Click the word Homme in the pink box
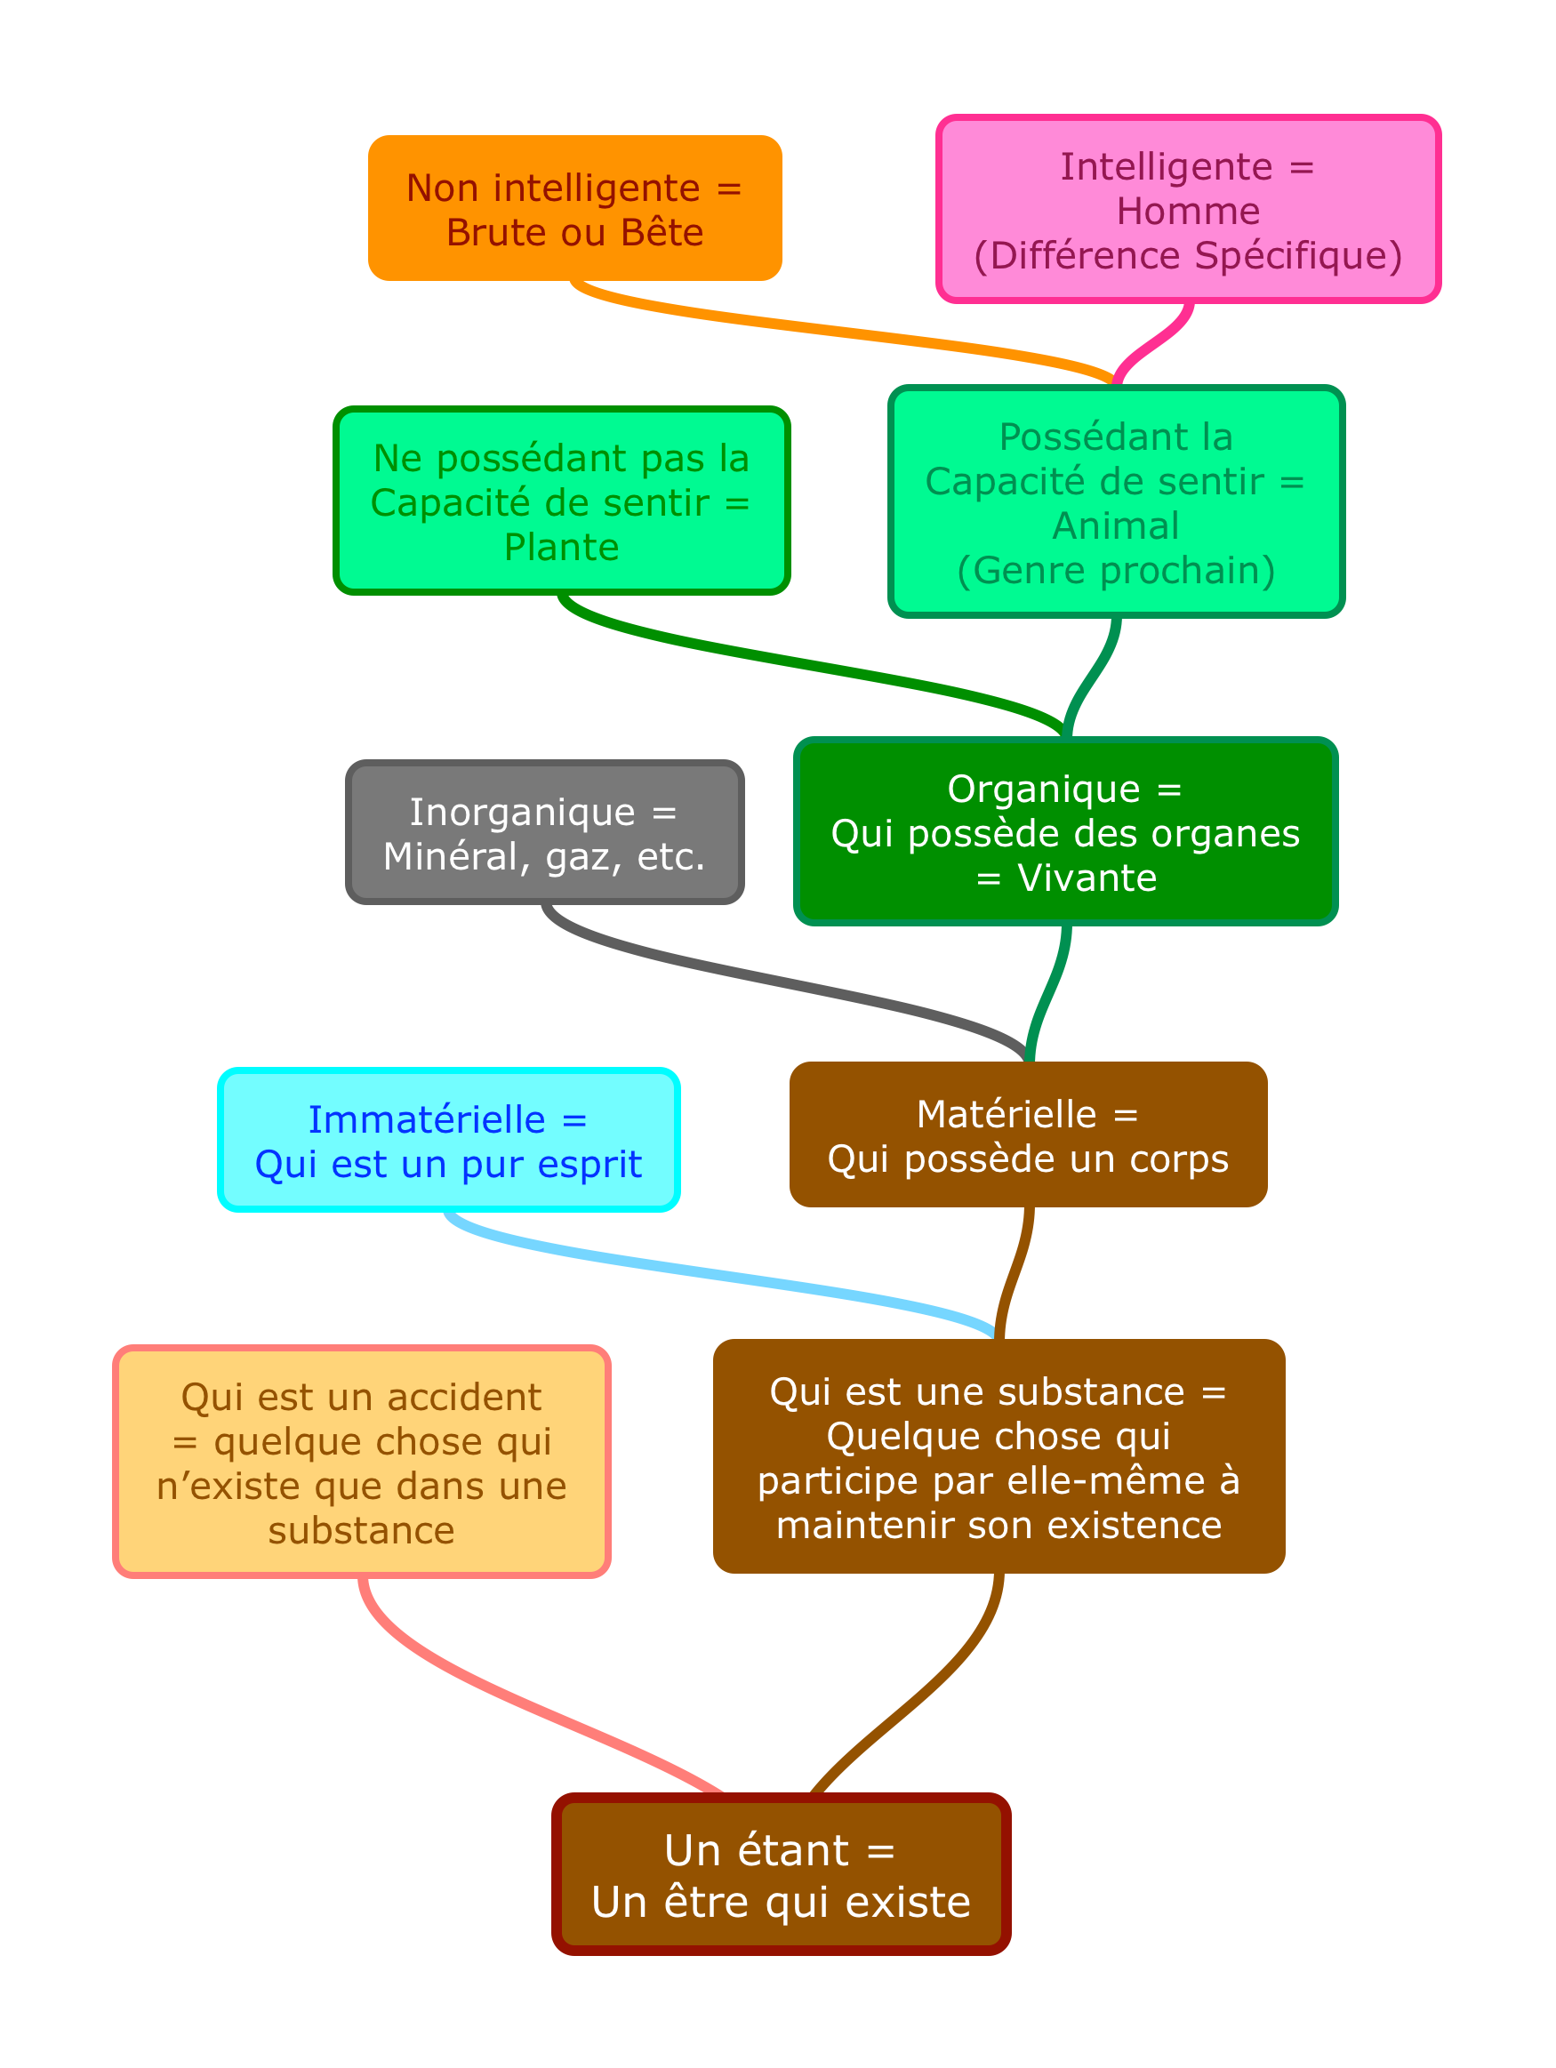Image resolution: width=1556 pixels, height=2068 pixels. (1188, 212)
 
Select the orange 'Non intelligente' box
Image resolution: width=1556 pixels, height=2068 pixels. (575, 208)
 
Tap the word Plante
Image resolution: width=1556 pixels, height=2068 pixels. (561, 547)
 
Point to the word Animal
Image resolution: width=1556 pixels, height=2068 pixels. (1116, 525)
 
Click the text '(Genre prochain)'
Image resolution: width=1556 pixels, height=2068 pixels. (1116, 570)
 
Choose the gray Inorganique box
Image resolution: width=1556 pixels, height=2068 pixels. (545, 832)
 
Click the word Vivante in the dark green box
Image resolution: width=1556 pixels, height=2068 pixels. (1087, 878)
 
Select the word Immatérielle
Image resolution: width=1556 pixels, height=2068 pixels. (427, 1119)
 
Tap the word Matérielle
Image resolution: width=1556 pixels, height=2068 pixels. (1007, 1113)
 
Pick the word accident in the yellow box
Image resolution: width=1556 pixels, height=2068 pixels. (464, 1397)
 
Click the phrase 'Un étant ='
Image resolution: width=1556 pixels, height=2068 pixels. (779, 1849)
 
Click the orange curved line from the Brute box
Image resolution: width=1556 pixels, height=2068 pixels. (842, 331)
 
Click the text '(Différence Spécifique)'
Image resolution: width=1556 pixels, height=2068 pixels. (1188, 255)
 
